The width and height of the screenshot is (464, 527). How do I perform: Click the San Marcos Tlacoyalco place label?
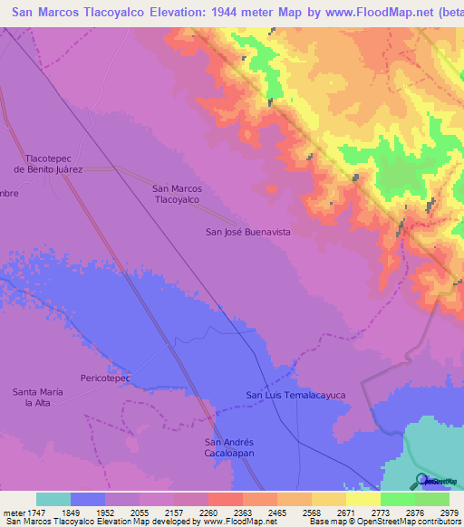coord(177,194)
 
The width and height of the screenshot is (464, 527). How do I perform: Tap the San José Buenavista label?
coord(247,233)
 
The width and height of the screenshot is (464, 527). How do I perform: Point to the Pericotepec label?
coord(106,377)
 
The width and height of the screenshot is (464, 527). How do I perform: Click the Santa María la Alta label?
coord(37,397)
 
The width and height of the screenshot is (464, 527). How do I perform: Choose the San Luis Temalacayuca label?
coord(295,395)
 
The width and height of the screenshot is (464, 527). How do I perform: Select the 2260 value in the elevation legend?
coord(208,512)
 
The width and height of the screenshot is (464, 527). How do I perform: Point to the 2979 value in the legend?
coord(449,512)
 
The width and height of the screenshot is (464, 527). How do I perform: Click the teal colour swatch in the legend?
coord(53,499)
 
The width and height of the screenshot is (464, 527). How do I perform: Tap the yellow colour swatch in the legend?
coord(363,499)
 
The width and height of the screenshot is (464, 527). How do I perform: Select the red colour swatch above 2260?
coord(226,499)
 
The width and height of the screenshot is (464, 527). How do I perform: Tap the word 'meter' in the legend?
coord(12,512)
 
